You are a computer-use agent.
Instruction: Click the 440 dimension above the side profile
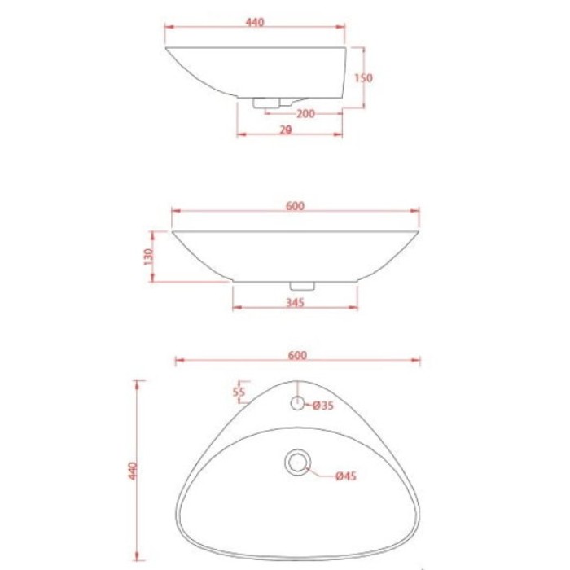point(254,23)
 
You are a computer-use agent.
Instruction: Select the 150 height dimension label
point(364,78)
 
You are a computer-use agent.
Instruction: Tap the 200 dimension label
point(305,114)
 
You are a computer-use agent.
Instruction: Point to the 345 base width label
point(295,303)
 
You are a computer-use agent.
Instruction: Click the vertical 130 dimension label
point(148,256)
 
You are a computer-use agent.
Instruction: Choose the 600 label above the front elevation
point(295,206)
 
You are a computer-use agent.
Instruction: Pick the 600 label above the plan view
point(297,355)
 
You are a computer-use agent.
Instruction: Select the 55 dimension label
point(239,392)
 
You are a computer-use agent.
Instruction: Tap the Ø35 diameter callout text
point(324,405)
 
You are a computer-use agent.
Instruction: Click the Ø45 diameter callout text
point(344,476)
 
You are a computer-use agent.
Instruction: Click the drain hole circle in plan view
point(298,462)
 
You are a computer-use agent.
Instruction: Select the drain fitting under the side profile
point(269,103)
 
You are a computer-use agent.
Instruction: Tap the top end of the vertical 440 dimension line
point(139,381)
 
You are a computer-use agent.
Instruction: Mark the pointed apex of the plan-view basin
point(298,381)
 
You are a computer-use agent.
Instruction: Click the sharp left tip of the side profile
point(166,48)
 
